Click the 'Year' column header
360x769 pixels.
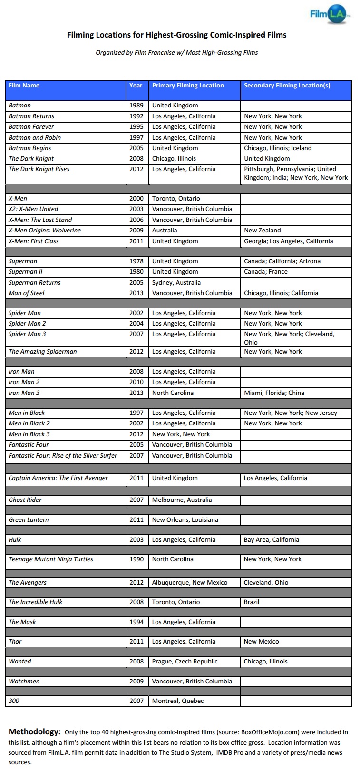click(136, 86)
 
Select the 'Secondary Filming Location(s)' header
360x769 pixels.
click(287, 86)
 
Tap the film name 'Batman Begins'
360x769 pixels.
click(29, 148)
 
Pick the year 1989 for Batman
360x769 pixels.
click(136, 106)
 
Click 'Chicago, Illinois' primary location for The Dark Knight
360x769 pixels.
click(174, 159)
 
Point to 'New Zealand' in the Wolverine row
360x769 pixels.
click(262, 231)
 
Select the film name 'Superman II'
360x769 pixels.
click(25, 272)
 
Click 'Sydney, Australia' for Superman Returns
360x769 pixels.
click(176, 283)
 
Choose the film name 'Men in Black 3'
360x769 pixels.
click(29, 434)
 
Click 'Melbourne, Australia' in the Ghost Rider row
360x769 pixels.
click(182, 500)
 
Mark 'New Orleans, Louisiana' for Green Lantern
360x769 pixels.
click(185, 520)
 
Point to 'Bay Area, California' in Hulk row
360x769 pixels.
click(272, 540)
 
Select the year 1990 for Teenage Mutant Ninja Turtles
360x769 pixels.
click(136, 559)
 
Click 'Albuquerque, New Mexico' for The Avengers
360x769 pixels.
click(190, 583)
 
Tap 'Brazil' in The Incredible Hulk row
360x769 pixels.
click(252, 602)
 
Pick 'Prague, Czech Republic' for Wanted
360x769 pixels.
click(185, 662)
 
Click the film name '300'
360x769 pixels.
click(14, 701)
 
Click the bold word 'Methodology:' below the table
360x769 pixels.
click(35, 732)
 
